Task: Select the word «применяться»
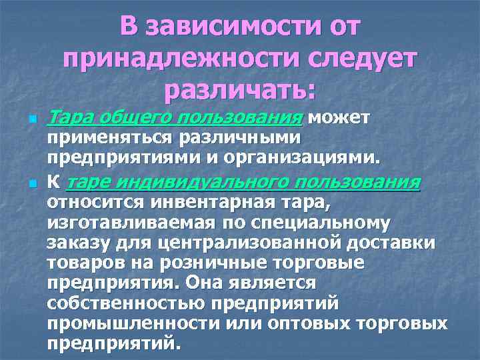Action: [x=109, y=139]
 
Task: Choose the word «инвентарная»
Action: [x=205, y=202]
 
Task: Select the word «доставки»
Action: [x=399, y=243]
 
